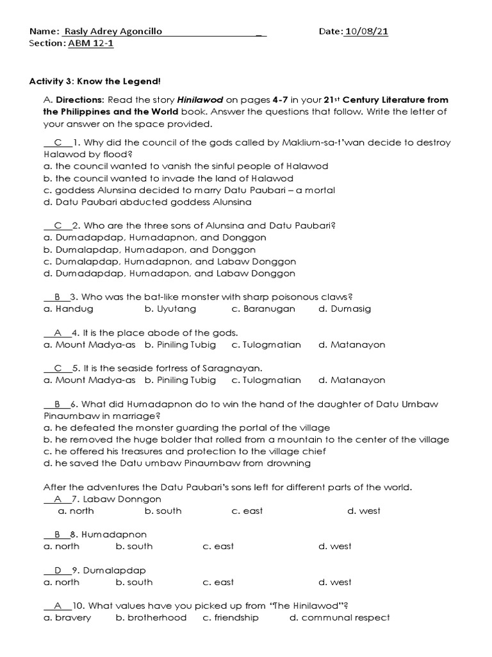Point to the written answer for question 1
click(58, 142)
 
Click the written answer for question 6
click(58, 404)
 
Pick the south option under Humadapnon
click(135, 546)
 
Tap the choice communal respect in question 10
click(340, 617)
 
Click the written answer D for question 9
click(58, 570)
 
